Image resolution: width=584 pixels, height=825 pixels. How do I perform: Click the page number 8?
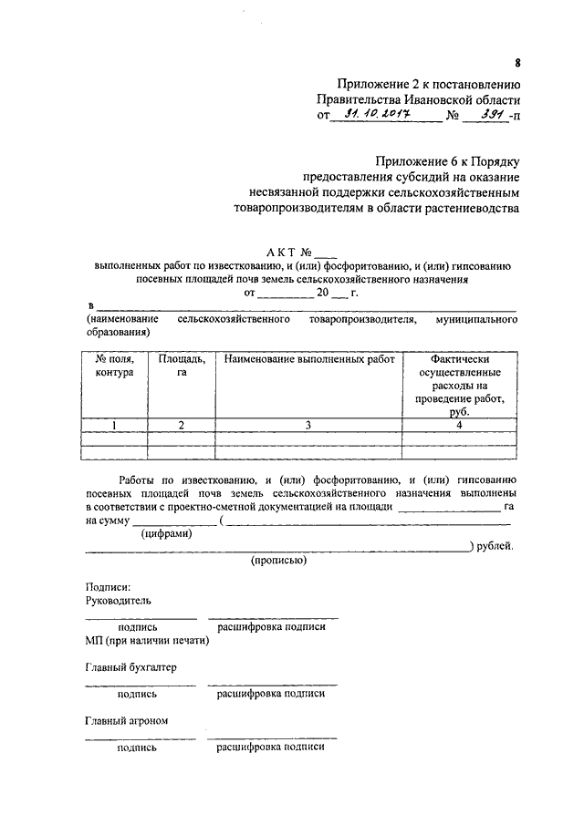point(516,63)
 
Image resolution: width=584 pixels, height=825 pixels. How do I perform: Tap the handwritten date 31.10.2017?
point(378,115)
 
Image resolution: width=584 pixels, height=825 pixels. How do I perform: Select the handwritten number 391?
point(485,115)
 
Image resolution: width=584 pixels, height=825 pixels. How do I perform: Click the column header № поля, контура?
point(114,366)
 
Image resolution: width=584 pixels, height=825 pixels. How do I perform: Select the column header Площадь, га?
point(181,366)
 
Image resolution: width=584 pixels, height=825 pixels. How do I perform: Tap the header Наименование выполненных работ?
point(308,359)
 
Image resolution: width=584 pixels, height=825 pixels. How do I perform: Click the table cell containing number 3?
point(308,425)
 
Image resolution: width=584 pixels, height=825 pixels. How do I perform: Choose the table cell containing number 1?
point(114,425)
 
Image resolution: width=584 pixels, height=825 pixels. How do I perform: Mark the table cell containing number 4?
point(459,425)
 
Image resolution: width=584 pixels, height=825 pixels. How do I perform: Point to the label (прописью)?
point(278,561)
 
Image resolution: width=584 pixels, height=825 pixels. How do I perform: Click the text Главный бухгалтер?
point(130,666)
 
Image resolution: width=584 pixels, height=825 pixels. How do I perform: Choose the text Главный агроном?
point(126,720)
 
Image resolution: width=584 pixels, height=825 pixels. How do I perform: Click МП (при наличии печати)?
point(147,640)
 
